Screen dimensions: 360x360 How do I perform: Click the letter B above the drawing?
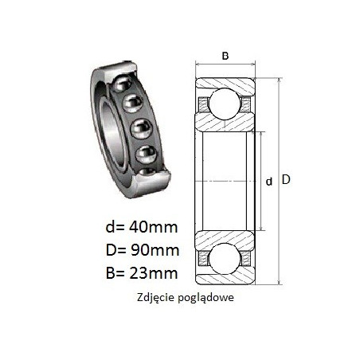click(225, 56)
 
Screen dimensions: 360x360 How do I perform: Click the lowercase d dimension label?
click(269, 182)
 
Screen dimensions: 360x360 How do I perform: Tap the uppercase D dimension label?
click(286, 180)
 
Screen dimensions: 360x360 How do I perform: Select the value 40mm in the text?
click(154, 228)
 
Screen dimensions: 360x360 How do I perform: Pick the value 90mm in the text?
click(155, 250)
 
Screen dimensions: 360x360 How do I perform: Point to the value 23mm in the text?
click(154, 273)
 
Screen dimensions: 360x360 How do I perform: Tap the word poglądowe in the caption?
click(205, 298)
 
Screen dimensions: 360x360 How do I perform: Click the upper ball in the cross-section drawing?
click(225, 104)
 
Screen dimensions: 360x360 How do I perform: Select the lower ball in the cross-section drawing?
click(225, 258)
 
